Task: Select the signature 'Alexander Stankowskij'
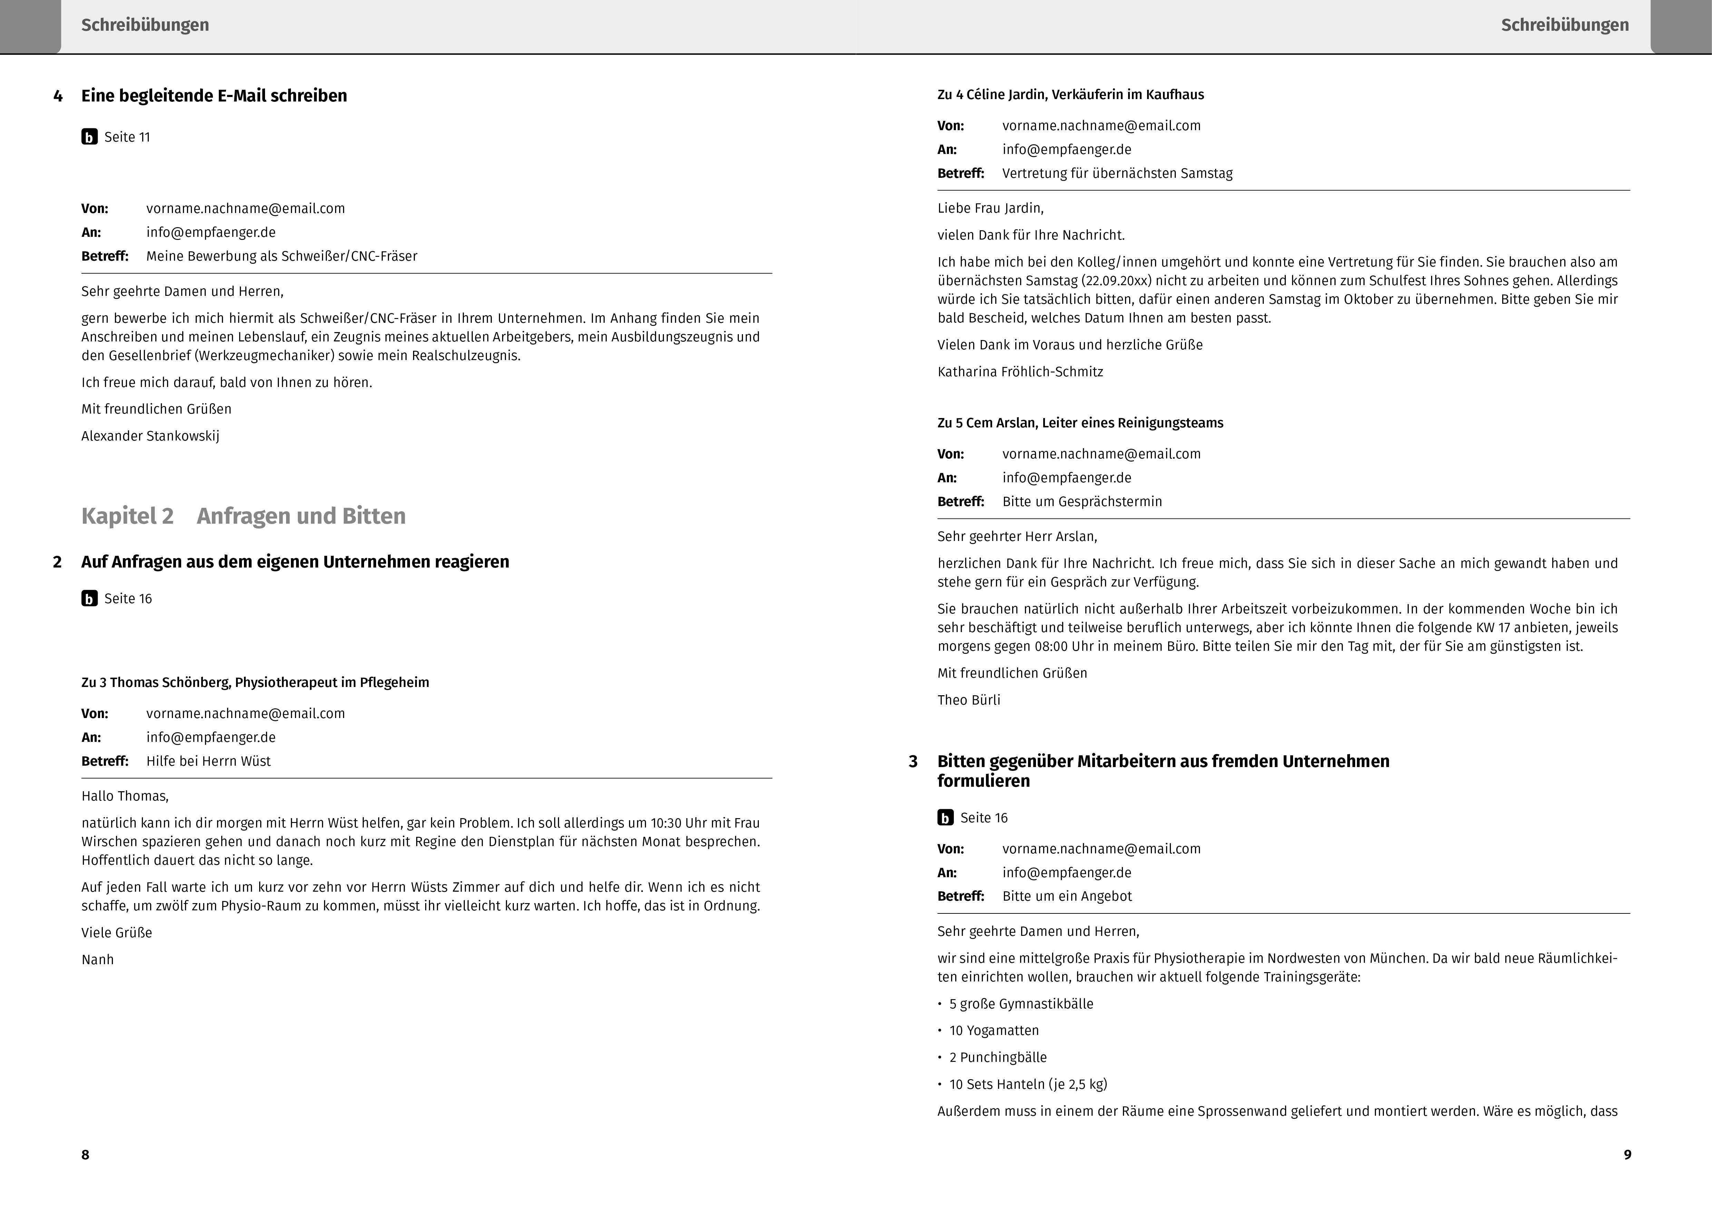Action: pyautogui.click(x=150, y=436)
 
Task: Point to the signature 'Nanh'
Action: pyautogui.click(x=98, y=960)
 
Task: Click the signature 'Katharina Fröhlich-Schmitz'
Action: pyautogui.click(x=1020, y=372)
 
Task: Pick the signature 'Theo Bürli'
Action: pyautogui.click(x=969, y=700)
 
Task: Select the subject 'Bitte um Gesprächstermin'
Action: pyautogui.click(x=1082, y=502)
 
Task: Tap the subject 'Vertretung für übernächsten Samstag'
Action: pyautogui.click(x=1117, y=174)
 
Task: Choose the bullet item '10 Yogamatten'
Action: pyautogui.click(x=994, y=1030)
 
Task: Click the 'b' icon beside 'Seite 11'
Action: pyautogui.click(x=89, y=137)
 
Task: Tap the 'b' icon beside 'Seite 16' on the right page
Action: pyautogui.click(x=946, y=818)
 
